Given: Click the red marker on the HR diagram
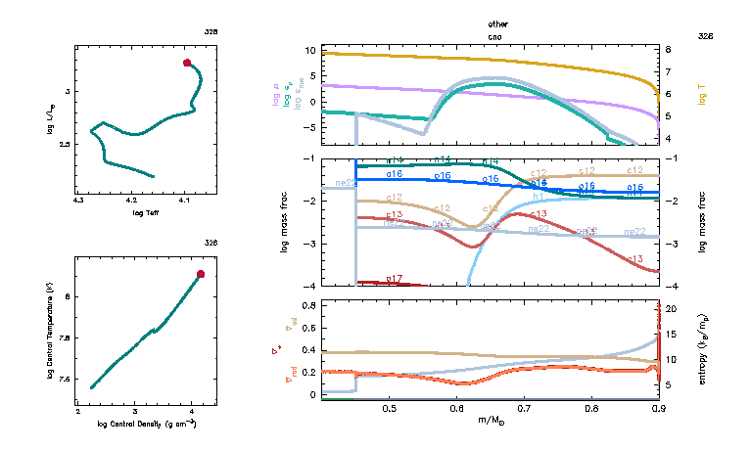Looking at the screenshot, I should click(x=187, y=63).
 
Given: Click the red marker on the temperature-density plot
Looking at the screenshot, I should click(x=201, y=274).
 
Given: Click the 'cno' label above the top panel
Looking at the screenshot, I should click(x=496, y=36).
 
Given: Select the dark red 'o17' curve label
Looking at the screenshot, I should click(x=395, y=279).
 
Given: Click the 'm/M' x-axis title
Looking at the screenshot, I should click(x=492, y=420).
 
